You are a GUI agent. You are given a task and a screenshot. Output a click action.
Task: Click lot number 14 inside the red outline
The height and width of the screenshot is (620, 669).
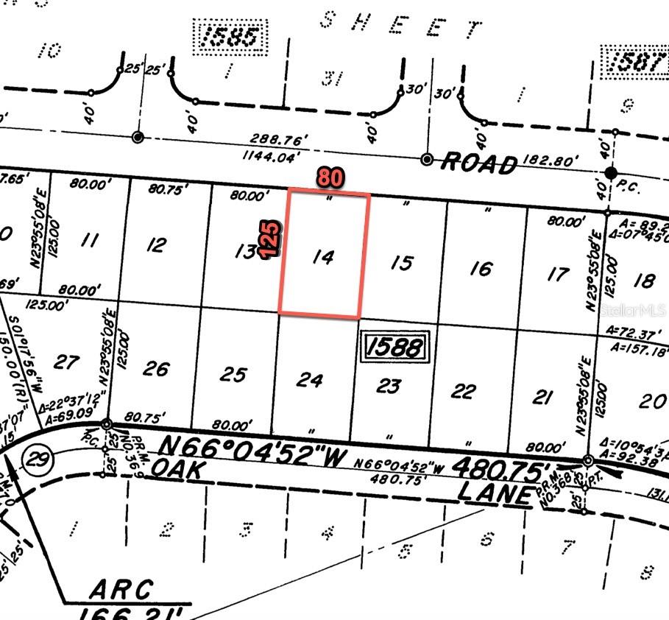pyautogui.click(x=323, y=257)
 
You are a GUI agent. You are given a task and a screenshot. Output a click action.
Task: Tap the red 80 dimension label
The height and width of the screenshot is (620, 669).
pyautogui.click(x=331, y=177)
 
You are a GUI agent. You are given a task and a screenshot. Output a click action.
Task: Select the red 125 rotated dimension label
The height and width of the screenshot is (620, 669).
pyautogui.click(x=271, y=238)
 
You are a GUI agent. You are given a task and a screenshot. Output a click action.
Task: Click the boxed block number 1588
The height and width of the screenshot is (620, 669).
pyautogui.click(x=394, y=346)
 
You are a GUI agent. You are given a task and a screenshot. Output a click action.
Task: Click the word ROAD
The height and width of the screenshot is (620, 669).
pyautogui.click(x=478, y=164)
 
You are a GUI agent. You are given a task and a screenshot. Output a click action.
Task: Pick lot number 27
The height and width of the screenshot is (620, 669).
pyautogui.click(x=66, y=362)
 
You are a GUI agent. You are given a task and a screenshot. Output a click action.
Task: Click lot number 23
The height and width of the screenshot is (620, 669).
pyautogui.click(x=389, y=386)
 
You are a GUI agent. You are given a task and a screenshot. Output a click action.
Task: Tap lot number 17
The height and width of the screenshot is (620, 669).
pyautogui.click(x=558, y=274)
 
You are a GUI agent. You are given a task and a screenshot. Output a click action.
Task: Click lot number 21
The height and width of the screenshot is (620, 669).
pyautogui.click(x=542, y=398)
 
